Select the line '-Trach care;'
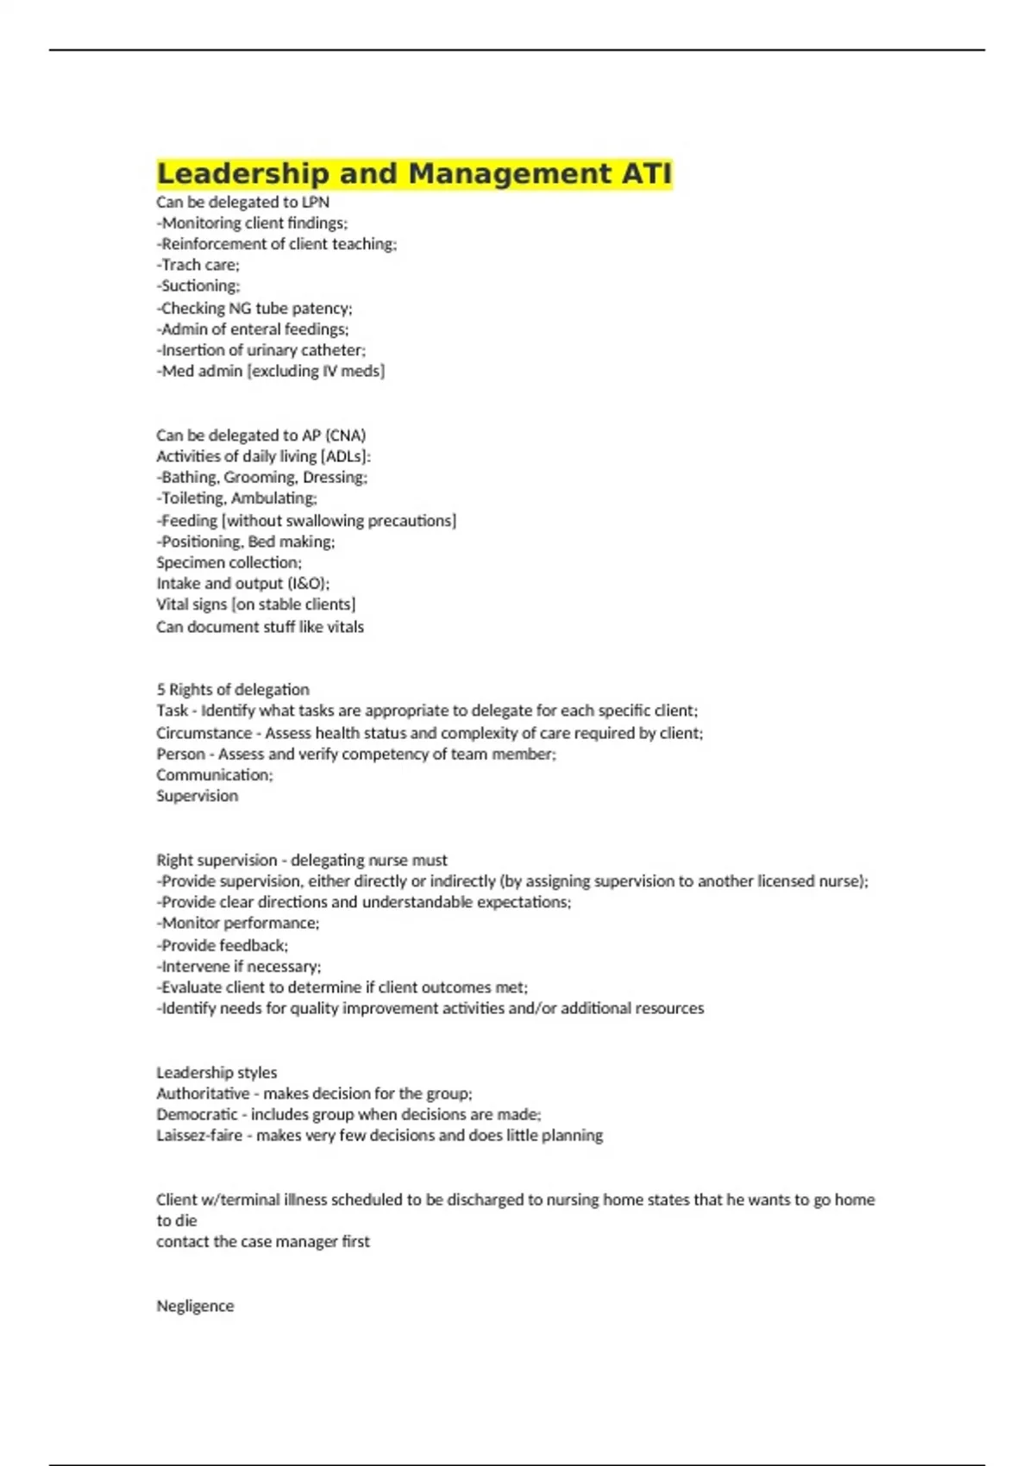tap(198, 265)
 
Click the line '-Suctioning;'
tap(198, 285)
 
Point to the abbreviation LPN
tap(316, 202)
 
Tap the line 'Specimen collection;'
tap(229, 562)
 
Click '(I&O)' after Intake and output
tap(309, 583)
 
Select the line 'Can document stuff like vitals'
tap(260, 627)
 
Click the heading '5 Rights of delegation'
tap(232, 689)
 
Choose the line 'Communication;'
tap(214, 774)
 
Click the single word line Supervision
tap(197, 795)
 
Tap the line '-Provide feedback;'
tap(223, 945)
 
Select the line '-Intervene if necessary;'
tap(238, 966)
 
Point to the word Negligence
tap(195, 1306)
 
